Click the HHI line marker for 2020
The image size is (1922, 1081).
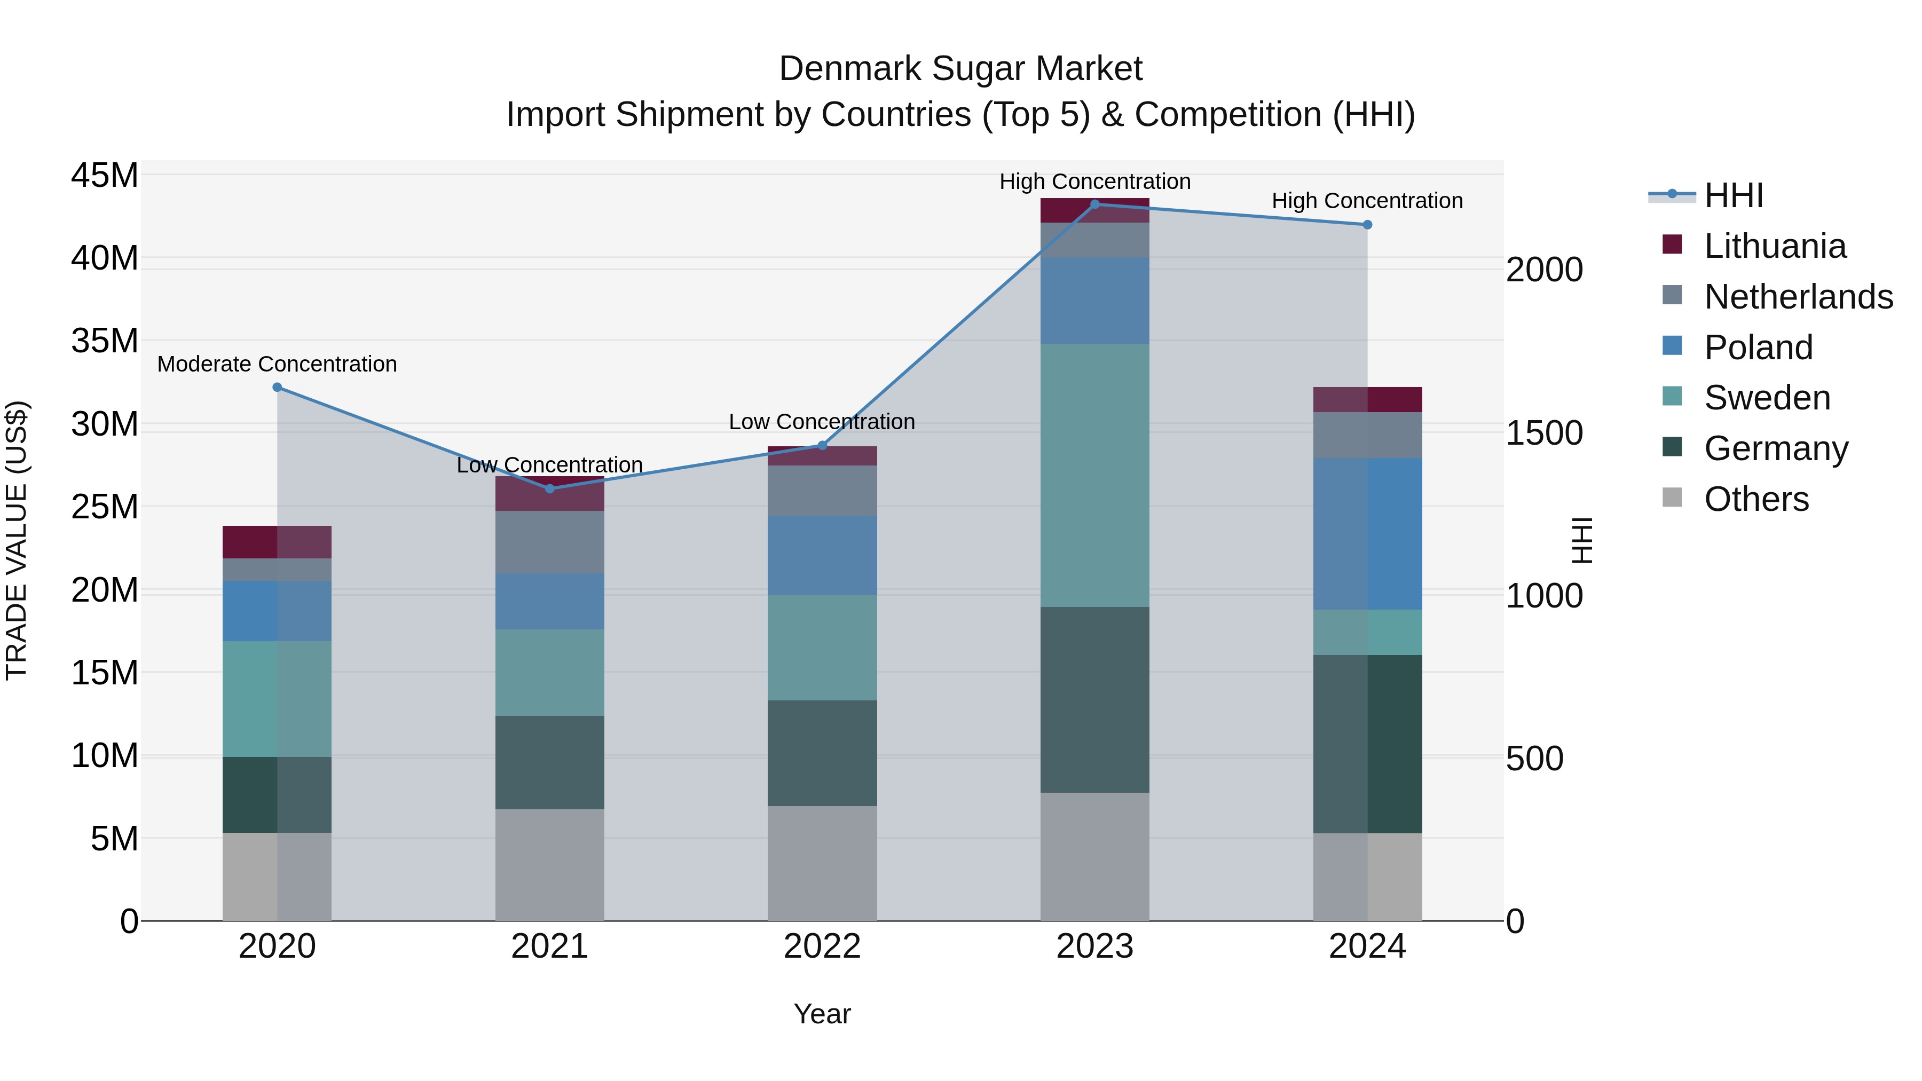click(x=277, y=387)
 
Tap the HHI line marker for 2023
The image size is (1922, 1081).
click(x=1094, y=204)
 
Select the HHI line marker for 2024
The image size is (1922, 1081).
click(x=1367, y=225)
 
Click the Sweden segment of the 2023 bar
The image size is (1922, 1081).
click(x=1094, y=475)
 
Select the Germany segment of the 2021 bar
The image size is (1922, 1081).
click(x=549, y=762)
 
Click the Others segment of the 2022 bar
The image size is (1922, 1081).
click(x=822, y=863)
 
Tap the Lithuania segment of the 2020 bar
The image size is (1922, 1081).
click(x=277, y=542)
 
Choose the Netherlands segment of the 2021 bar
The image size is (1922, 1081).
click(x=549, y=542)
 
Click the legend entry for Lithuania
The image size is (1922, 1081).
click(x=1774, y=246)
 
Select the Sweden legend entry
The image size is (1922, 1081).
click(x=1766, y=398)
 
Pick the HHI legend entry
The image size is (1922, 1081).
click(x=1732, y=195)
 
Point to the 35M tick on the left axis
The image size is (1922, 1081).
click(x=105, y=341)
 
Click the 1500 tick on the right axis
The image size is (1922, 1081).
click(x=1543, y=433)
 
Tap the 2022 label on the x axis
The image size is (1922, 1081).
click(x=822, y=946)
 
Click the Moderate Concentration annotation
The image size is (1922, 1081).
click(x=277, y=364)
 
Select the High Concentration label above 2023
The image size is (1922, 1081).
click(x=1094, y=182)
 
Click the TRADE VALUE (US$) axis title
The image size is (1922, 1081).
click(x=17, y=540)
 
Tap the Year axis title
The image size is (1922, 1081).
click(x=822, y=1014)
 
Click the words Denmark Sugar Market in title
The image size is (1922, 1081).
click(x=960, y=69)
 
